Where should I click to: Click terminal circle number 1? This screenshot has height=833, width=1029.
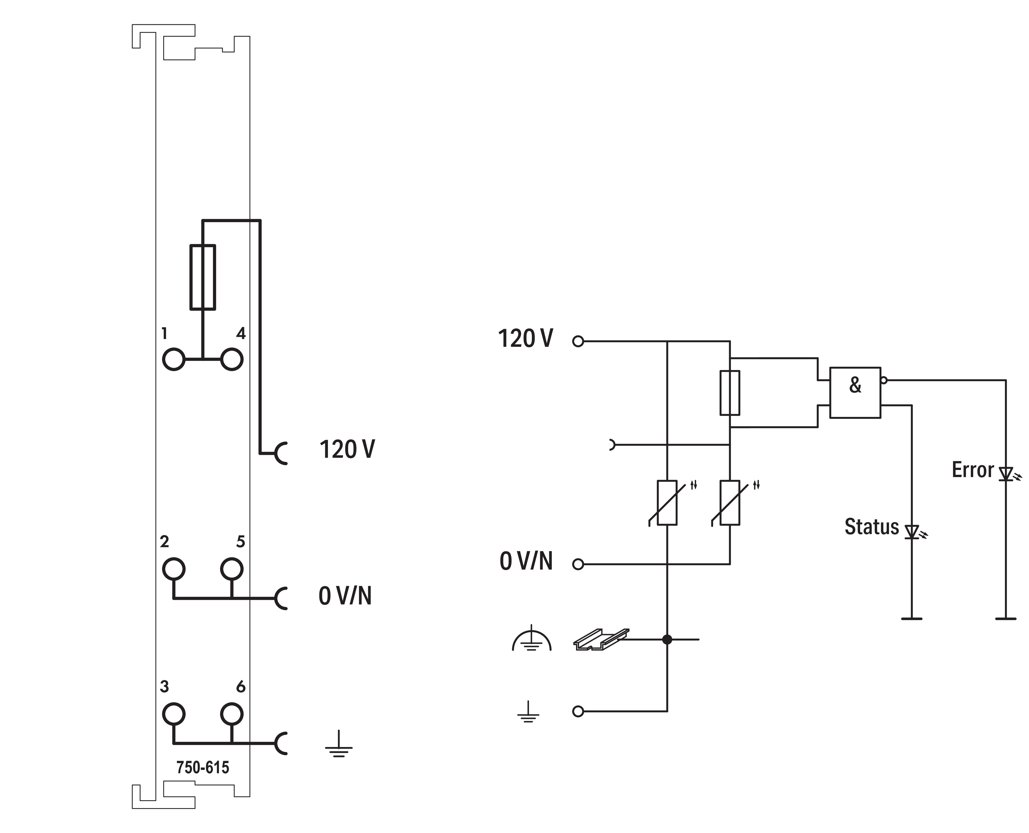click(x=174, y=359)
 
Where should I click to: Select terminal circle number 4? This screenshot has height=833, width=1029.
click(x=232, y=359)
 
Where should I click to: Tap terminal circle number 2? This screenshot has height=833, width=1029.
click(x=174, y=569)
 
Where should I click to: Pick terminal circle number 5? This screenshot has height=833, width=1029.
click(x=232, y=569)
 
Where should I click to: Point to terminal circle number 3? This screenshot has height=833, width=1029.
click(x=174, y=714)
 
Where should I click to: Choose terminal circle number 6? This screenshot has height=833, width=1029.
click(x=232, y=714)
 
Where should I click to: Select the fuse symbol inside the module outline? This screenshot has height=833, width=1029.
click(x=202, y=277)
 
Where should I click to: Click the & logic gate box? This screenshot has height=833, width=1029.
click(x=855, y=392)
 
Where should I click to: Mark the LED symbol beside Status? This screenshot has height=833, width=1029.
click(x=911, y=532)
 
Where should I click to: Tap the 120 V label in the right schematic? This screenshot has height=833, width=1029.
click(x=525, y=339)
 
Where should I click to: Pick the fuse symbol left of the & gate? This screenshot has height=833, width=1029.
click(x=730, y=392)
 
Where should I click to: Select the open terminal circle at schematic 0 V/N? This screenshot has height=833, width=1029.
click(x=578, y=564)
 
